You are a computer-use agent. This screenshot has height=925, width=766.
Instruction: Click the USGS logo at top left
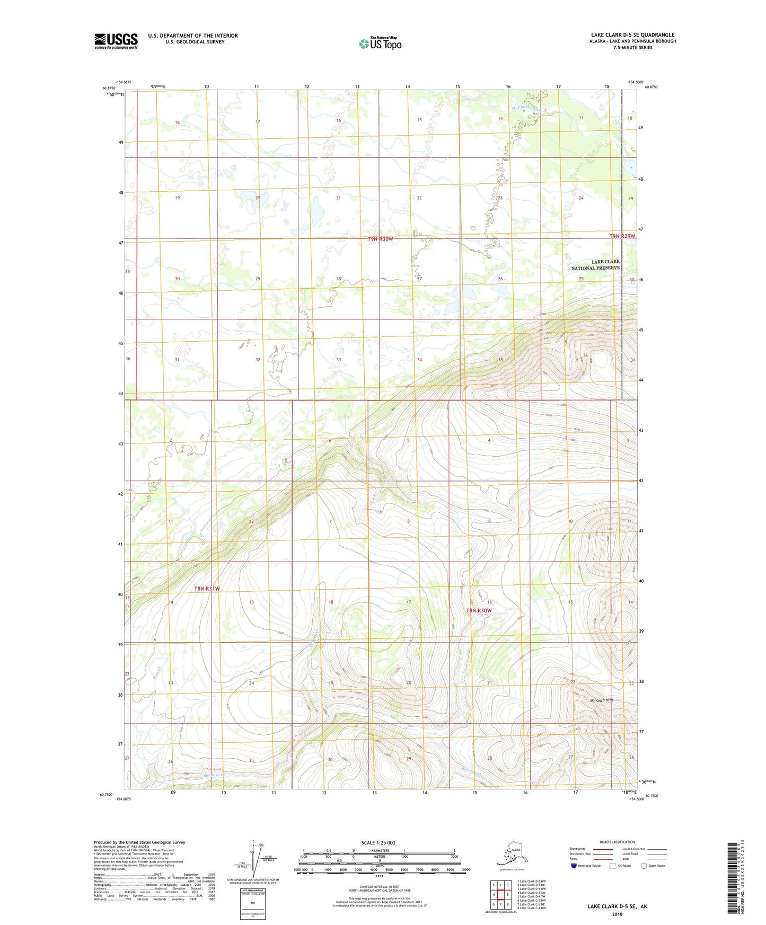116,41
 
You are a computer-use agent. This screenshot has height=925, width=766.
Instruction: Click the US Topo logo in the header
380,43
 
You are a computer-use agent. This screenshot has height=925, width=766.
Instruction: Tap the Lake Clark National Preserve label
595,265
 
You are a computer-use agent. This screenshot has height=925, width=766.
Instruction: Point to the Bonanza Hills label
601,700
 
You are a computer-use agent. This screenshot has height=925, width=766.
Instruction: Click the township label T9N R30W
380,239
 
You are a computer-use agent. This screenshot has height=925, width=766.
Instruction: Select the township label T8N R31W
206,589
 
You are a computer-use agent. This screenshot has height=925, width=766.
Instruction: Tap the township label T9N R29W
622,236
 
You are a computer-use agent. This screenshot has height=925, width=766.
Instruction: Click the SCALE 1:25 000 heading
378,842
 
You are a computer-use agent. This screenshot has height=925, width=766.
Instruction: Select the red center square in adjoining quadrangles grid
500,895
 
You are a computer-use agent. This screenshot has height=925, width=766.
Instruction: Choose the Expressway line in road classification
603,849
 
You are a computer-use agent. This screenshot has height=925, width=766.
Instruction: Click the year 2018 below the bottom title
617,914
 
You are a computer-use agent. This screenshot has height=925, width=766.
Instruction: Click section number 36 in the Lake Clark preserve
585,355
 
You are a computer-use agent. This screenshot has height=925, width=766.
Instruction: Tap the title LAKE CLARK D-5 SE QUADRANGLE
632,35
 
